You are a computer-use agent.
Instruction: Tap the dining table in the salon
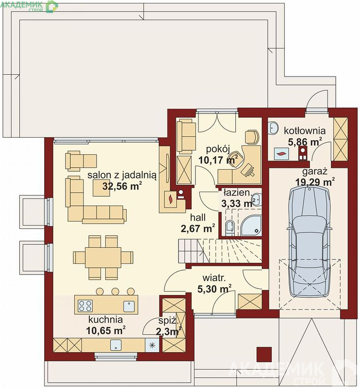[103, 258]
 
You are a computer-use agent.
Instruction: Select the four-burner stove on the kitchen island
[85, 306]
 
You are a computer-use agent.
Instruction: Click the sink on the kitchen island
[129, 306]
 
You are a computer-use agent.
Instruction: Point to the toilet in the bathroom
[230, 227]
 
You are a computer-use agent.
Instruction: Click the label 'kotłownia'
[305, 130]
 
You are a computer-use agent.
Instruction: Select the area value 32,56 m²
[122, 186]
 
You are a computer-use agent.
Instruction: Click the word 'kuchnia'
[105, 320]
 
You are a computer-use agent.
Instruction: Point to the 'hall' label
[198, 217]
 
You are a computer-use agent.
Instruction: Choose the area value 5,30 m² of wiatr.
[214, 289]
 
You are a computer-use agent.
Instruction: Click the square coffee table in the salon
[101, 188]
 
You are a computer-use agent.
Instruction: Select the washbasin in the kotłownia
[274, 128]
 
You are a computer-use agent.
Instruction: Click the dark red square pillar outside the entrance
[264, 354]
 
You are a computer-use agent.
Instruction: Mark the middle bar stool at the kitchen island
[115, 291]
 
